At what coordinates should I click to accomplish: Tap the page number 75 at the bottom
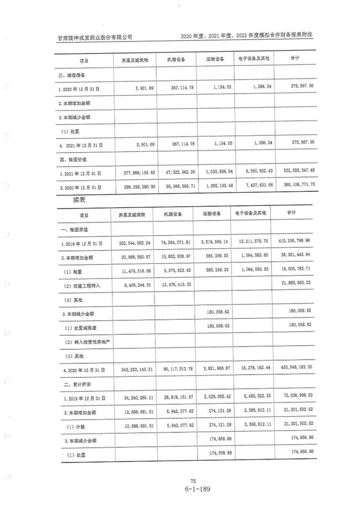(x=193, y=481)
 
